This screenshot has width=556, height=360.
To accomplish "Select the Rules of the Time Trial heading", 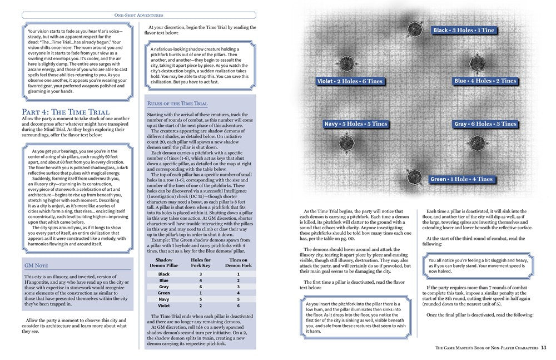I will click(177, 104).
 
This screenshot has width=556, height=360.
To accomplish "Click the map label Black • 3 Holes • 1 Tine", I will click(463, 30).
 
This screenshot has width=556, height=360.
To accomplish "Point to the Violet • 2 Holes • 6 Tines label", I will click(350, 81).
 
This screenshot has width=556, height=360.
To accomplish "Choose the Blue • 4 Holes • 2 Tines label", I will click(485, 81).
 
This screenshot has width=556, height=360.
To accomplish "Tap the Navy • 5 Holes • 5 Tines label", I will click(355, 124).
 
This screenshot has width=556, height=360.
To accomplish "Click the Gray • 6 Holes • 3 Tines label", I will click(485, 124).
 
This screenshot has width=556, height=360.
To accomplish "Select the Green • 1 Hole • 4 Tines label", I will click(461, 179).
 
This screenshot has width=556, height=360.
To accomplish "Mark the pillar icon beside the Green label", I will click(414, 177).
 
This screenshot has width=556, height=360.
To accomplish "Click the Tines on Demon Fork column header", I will click(238, 263).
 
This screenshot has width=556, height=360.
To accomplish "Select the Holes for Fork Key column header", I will click(201, 263).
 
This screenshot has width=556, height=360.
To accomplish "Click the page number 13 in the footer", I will click(544, 348).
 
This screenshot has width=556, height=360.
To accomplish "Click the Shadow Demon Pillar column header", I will click(164, 263).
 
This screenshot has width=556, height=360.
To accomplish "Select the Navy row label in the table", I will click(163, 300).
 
